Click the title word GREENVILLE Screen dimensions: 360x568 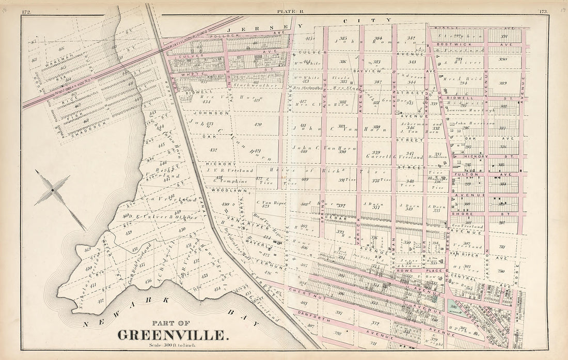pyautogui.click(x=172, y=335)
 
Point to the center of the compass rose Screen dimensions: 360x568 pyautogui.click(x=53, y=191)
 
